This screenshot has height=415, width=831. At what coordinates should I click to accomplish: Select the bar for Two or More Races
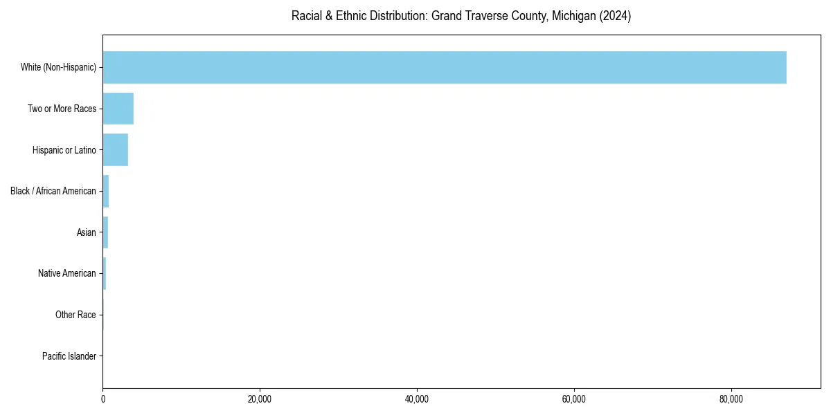click(x=118, y=109)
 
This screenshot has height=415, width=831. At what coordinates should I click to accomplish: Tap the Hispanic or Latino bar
click(x=115, y=150)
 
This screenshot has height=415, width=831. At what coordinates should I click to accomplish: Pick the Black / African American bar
click(x=106, y=191)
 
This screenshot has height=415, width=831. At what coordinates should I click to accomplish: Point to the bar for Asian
click(x=105, y=232)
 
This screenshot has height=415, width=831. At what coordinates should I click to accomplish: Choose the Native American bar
click(x=105, y=273)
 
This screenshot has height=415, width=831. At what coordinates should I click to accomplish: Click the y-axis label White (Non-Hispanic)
click(x=58, y=67)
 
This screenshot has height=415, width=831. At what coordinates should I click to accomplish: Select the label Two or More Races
click(x=62, y=109)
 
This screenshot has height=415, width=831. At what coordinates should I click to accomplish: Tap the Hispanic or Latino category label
click(x=64, y=150)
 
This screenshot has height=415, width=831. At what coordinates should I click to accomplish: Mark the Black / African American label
click(x=53, y=191)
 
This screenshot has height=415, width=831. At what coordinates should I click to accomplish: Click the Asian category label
click(x=87, y=232)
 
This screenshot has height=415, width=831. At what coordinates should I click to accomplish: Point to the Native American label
click(x=67, y=273)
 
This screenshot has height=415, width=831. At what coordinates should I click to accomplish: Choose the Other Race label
click(x=75, y=315)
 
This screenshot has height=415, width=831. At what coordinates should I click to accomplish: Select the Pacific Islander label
click(x=69, y=356)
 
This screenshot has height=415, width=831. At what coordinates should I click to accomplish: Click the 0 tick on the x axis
click(x=103, y=399)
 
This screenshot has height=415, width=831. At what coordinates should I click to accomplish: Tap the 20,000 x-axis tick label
click(x=260, y=399)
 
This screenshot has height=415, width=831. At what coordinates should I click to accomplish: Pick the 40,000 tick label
click(x=417, y=399)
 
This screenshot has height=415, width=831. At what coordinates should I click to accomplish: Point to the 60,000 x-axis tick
click(x=574, y=399)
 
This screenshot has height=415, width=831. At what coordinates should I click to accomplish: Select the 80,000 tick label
click(x=731, y=399)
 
